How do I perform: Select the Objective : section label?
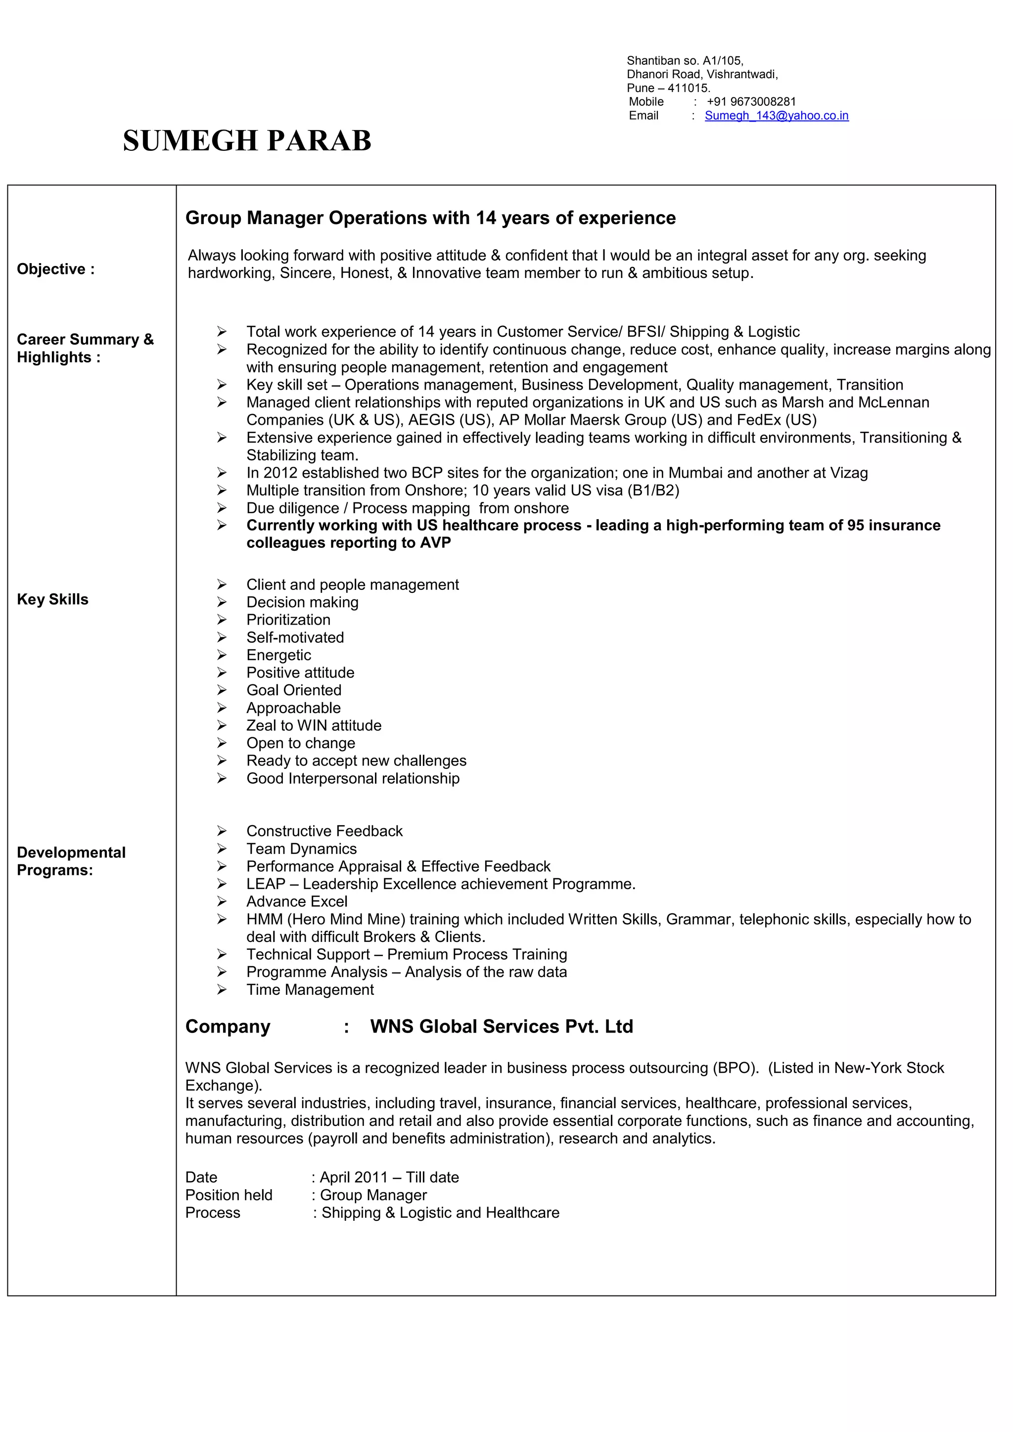pos(55,269)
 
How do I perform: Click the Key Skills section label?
pos(52,599)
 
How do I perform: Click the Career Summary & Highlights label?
pos(85,348)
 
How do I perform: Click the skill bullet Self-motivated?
pos(295,637)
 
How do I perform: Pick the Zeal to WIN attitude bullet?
pos(314,725)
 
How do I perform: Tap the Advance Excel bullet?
pos(297,901)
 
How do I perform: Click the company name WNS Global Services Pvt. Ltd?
pos(502,1027)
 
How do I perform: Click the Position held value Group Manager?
pos(373,1195)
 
